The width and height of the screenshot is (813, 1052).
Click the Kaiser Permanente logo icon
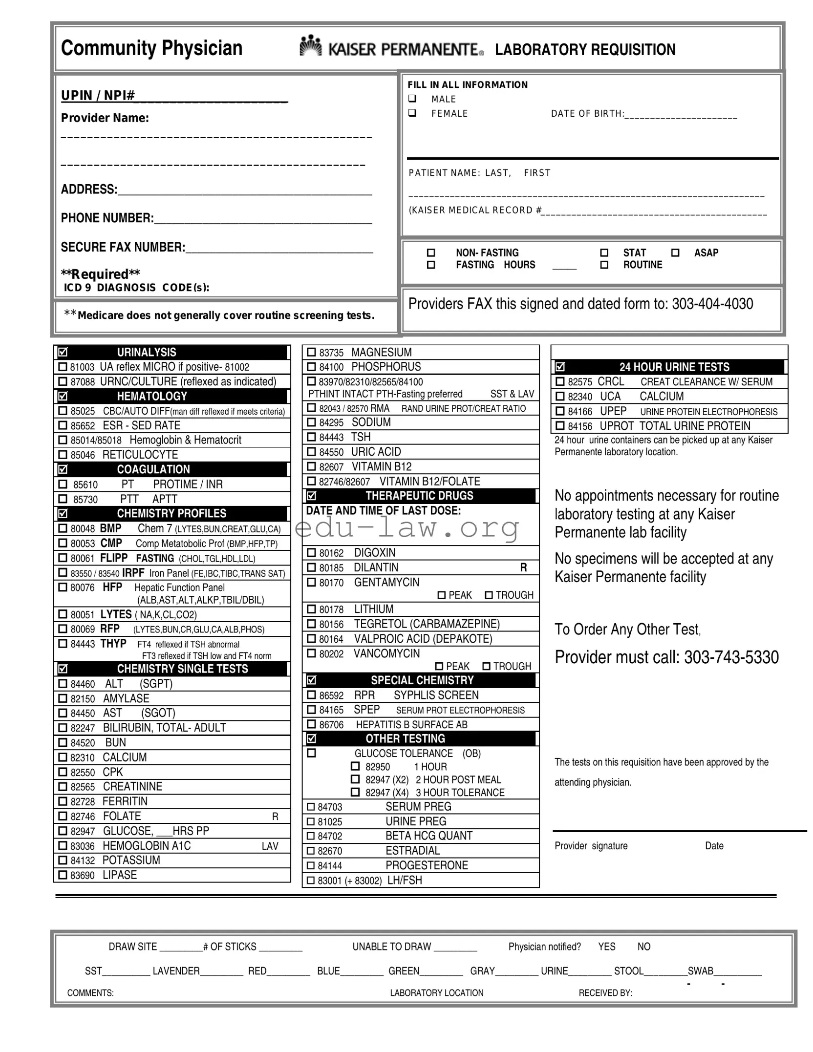310,46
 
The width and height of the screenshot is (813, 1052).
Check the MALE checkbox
412,99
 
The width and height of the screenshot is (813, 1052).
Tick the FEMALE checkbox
412,113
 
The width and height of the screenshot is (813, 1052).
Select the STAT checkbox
604,252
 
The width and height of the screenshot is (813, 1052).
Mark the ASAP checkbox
675,252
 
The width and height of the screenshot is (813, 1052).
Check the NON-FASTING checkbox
431,252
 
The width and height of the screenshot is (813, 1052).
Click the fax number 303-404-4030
712,304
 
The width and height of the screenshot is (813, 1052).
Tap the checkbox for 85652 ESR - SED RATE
63,425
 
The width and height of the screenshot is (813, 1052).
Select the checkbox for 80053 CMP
63,543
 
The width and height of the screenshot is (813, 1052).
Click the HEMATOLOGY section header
152,396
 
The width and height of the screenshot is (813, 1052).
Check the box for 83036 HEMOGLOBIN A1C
63,845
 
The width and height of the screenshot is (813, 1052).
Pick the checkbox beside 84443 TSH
311,437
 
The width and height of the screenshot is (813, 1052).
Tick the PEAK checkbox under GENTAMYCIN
442,595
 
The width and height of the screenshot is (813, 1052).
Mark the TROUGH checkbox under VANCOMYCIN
486,666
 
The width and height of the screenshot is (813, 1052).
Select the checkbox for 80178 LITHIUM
311,609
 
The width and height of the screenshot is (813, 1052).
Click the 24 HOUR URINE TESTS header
674,367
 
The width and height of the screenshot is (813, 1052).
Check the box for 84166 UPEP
560,411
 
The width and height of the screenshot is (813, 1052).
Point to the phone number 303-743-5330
731,657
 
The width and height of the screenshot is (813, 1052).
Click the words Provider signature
591,846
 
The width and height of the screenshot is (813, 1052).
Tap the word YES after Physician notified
606,947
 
